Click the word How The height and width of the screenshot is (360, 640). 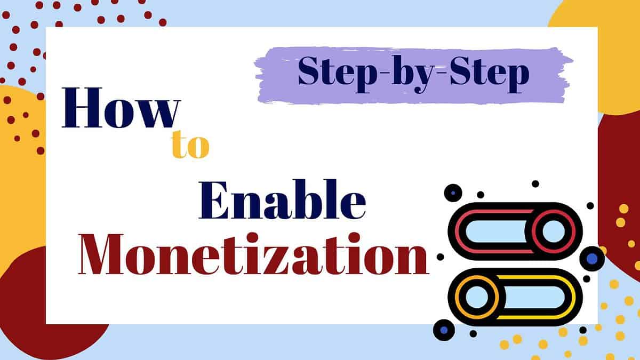tap(122, 107)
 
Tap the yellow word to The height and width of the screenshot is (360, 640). tap(190, 145)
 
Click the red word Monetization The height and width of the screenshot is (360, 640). tap(253, 254)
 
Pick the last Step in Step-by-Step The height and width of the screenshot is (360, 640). tap(489, 74)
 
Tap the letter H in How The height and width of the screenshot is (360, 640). tap(82, 107)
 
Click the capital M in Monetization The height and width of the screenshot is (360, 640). tap(101, 254)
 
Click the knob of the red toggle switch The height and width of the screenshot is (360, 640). tap(554, 231)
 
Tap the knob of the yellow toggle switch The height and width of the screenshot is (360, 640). tap(477, 297)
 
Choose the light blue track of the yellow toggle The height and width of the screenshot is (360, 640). tap(534, 297)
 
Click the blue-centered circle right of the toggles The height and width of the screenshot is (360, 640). tap(591, 259)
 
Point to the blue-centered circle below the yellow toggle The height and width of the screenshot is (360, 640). tap(444, 330)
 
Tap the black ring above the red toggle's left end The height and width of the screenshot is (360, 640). tap(453, 193)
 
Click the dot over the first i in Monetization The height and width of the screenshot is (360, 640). tap(253, 238)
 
